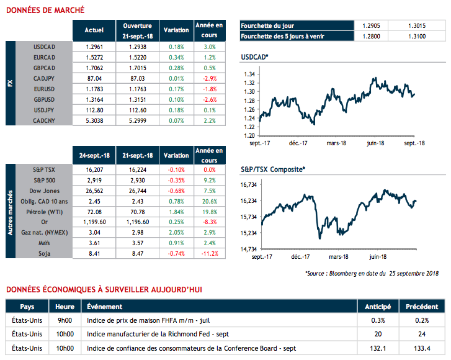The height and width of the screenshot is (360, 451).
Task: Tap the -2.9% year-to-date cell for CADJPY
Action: (x=209, y=79)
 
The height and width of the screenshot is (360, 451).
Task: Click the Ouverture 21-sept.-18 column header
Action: (x=137, y=30)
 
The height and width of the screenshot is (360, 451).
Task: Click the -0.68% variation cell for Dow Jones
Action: (x=176, y=191)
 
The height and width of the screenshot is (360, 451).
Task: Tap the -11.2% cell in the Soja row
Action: (x=209, y=253)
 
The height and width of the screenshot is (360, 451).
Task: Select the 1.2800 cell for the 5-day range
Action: (x=371, y=36)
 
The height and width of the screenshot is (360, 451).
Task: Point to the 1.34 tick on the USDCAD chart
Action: (x=249, y=74)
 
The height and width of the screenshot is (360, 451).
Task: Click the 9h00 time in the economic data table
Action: (x=65, y=320)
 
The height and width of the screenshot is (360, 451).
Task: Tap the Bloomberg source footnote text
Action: (x=373, y=273)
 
